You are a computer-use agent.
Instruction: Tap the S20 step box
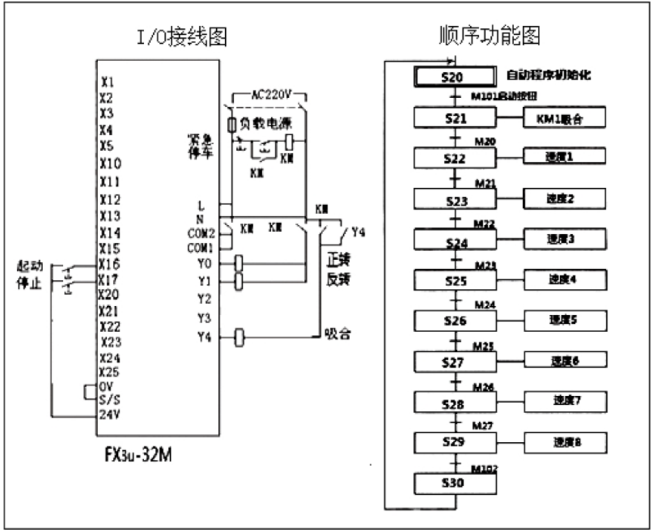click(454, 77)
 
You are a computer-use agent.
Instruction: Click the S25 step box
click(454, 281)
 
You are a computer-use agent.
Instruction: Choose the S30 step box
click(454, 484)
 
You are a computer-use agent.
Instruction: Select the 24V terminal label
click(110, 414)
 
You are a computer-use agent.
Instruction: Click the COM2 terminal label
click(202, 233)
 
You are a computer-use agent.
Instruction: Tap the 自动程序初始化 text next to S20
click(548, 75)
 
